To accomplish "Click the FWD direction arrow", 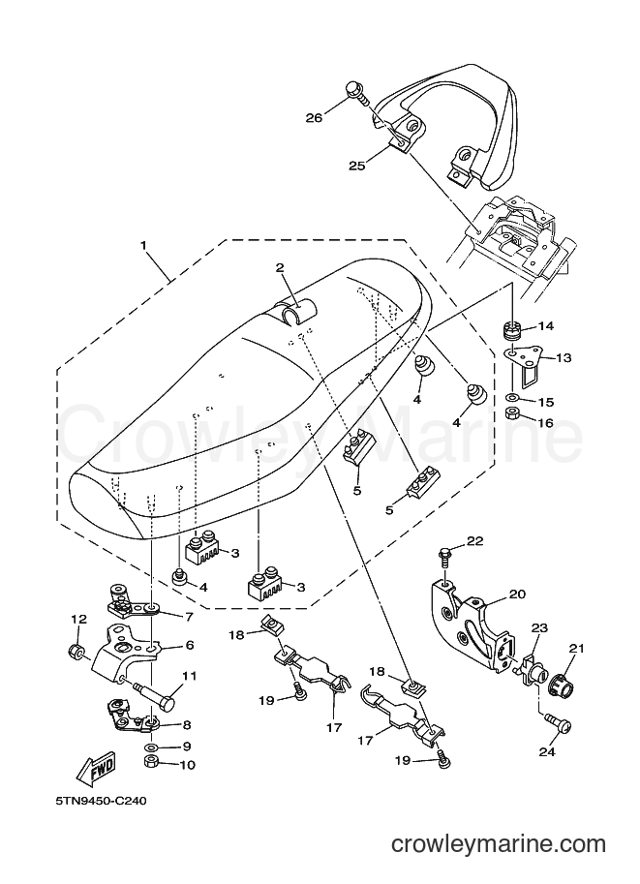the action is [x=97, y=769].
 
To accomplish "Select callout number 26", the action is [x=314, y=117].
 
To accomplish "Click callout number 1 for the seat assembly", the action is [x=143, y=246].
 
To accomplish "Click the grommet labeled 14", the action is [x=512, y=331].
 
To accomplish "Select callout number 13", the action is [x=564, y=357].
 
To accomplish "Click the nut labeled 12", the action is [x=76, y=653].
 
